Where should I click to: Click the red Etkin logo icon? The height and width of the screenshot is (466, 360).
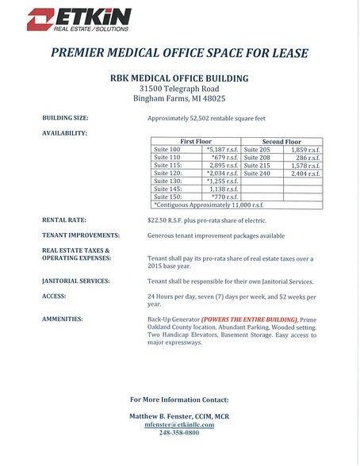(x=39, y=20)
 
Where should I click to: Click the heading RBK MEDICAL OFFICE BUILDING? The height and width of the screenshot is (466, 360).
(x=179, y=78)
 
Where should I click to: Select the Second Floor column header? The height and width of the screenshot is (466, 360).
(x=281, y=141)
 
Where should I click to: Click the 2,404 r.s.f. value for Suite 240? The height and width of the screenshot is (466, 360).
(x=304, y=173)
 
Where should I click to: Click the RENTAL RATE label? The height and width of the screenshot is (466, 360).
(x=66, y=219)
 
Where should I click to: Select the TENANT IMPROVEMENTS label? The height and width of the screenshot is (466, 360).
(x=81, y=235)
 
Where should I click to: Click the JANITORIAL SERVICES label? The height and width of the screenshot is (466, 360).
(x=75, y=281)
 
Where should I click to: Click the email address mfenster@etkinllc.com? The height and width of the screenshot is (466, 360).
(x=179, y=424)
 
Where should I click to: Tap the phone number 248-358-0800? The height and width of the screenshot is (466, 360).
(x=179, y=433)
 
